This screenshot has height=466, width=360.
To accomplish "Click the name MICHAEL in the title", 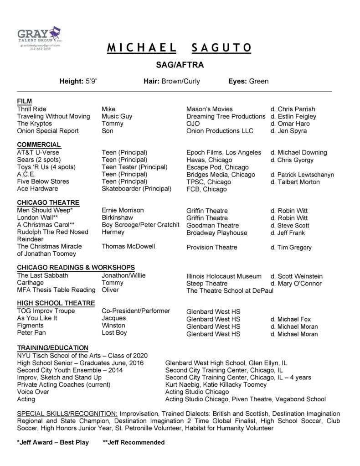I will tap(142, 48).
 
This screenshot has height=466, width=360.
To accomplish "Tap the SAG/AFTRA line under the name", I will tap(180, 65).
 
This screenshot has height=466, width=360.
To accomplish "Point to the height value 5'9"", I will tap(91, 82).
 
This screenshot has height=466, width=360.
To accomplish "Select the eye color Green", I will tap(258, 82).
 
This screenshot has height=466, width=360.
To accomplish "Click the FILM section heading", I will tap(25, 101).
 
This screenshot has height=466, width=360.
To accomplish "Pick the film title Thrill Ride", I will tap(31, 109).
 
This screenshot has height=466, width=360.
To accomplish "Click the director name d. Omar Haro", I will tap(290, 124).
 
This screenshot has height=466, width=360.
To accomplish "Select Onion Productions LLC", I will tap(220, 131).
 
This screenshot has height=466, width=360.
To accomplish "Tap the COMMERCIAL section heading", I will tap(39, 145).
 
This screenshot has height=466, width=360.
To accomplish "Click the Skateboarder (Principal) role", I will tap(136, 188).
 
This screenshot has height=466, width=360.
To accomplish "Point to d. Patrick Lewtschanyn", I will tap(302, 174).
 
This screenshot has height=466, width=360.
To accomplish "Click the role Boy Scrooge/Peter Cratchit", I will tap(140, 225).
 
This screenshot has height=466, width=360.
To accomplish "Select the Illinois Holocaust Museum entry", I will tap(224, 276).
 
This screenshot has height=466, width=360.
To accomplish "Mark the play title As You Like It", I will tap(37, 318).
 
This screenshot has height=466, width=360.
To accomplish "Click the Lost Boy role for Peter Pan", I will tap(114, 333).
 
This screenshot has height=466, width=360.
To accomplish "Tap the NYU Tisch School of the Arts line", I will tap(82, 356).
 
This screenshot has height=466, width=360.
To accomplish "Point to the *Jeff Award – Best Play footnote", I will tap(53, 442).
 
